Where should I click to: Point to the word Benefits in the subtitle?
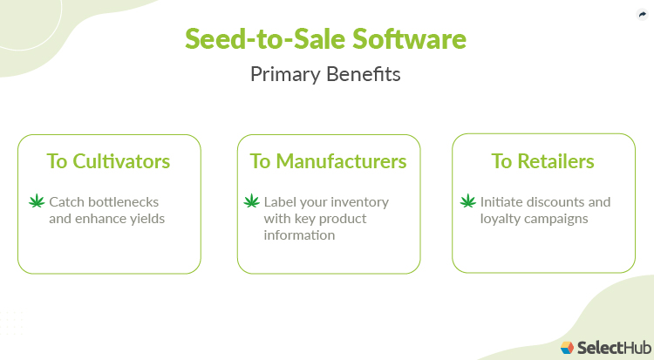pos(366,74)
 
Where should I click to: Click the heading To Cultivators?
pos(109,161)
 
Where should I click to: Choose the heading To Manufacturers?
pos(328,161)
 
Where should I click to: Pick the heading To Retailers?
pos(542,161)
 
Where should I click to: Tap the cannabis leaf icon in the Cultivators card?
pos(37,202)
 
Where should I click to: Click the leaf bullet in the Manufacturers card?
pos(251,202)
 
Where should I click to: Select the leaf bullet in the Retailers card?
pos(467,202)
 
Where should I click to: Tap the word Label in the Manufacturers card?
pos(280,201)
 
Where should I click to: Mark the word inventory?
pos(359,201)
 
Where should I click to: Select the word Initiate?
pos(501,201)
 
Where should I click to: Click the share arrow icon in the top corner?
pos(642,15)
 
